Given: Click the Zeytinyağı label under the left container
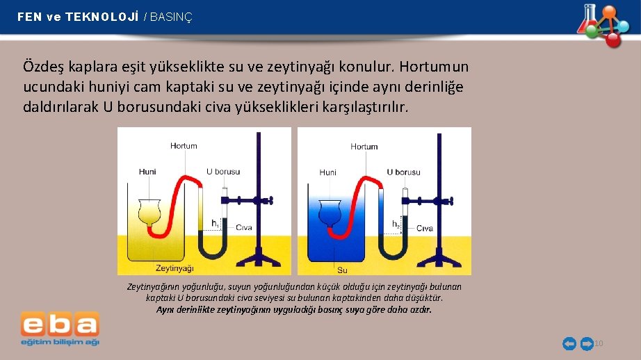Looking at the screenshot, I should (174, 268).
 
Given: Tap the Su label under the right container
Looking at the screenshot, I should (342, 269).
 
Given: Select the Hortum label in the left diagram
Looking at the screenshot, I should (184, 146).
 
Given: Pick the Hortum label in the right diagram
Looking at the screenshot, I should (364, 147).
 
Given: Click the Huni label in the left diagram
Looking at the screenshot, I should (147, 172).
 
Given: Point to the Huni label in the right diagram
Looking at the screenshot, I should (328, 172).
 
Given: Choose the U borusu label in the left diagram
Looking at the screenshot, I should (223, 172).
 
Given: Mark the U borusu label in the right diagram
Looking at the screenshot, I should (404, 172).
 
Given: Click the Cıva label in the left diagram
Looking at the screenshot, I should (243, 227).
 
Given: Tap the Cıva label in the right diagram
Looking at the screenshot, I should (425, 228).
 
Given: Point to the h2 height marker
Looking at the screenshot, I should (396, 224).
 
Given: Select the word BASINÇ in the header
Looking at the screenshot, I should (171, 17).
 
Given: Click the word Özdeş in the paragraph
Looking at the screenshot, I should (44, 67).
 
